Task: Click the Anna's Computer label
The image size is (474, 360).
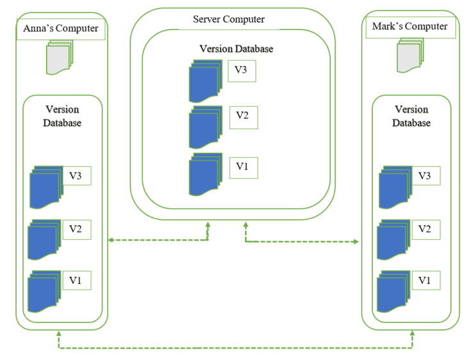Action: coord(61,28)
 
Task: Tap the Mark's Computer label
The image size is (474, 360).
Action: coord(410,26)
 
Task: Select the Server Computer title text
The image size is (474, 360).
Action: coord(229,19)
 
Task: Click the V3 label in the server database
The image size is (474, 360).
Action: coord(241,70)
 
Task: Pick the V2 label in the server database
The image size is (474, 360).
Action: coord(242,116)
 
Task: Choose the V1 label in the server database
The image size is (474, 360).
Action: coord(242,166)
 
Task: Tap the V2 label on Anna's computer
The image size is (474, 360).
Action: coord(76,228)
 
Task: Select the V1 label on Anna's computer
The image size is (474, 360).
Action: coord(76,279)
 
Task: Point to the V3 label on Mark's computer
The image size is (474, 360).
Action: coord(425,175)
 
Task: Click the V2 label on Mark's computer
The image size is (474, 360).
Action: coord(425,228)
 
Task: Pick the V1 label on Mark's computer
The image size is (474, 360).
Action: coord(425,279)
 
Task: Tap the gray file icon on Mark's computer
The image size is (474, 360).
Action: coord(410,54)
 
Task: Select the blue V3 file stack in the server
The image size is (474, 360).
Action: coord(205,80)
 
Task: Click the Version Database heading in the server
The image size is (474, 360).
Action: coord(236,49)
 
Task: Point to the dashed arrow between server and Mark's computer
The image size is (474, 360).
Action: coord(301,242)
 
